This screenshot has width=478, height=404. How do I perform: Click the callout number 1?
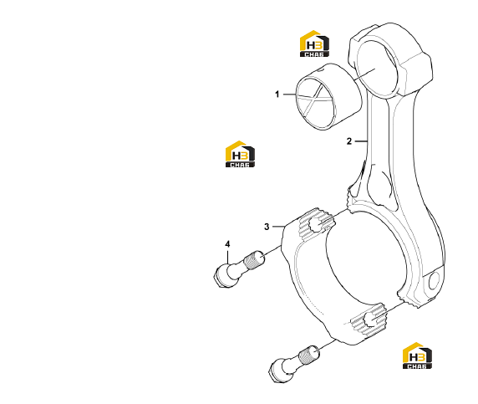click(x=277, y=95)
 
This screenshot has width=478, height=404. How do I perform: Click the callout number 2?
click(x=349, y=141)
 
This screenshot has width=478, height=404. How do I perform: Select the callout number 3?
click(x=267, y=227)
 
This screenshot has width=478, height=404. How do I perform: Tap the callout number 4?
click(x=227, y=244)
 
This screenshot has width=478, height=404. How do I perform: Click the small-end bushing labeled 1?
click(x=329, y=97)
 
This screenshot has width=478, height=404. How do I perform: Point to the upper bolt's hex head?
click(x=221, y=277)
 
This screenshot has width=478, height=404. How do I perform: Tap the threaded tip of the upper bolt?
click(x=255, y=260)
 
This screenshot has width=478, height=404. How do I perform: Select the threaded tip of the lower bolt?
click(x=309, y=355)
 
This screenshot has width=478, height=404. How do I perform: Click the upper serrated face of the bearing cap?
click(x=317, y=224)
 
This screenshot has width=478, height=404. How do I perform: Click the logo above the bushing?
click(x=314, y=43)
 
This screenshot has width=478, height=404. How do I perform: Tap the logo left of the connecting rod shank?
click(x=240, y=154)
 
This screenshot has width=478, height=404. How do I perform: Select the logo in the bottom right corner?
click(x=417, y=355)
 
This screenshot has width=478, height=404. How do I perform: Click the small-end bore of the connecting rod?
click(x=378, y=69)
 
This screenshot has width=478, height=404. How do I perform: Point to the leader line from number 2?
click(x=361, y=141)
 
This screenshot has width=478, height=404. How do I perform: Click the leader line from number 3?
click(x=278, y=227)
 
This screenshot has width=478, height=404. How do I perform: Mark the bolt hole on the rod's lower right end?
click(x=434, y=280)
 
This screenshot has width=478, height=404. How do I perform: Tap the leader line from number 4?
click(x=227, y=257)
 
